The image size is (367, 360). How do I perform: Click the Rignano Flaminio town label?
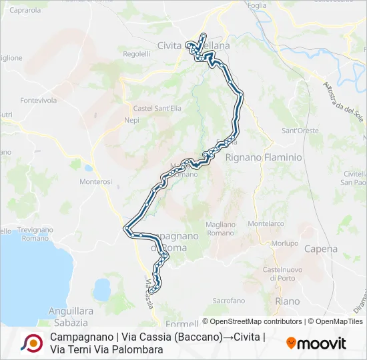(x=264, y=157)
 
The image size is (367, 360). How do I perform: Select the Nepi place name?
(x=131, y=121)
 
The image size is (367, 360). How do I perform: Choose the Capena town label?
(x=320, y=249)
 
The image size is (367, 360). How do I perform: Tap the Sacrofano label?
(x=229, y=301)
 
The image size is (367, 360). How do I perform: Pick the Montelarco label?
(x=266, y=224)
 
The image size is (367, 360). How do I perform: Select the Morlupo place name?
(x=285, y=243)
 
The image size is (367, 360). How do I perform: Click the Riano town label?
(x=287, y=301)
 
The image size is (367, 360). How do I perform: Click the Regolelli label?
(x=137, y=54)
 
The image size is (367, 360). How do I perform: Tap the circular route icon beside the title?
(x=31, y=343)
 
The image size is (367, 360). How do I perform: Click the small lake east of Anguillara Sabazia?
(x=101, y=289)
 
